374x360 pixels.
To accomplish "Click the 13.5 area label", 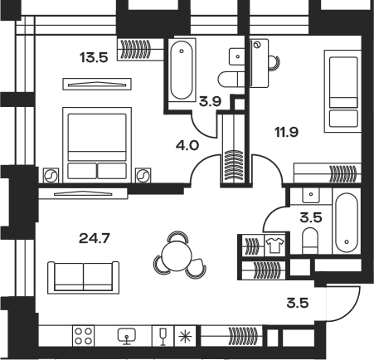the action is (x=94, y=58).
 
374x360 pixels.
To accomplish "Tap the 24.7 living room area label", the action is (x=95, y=238).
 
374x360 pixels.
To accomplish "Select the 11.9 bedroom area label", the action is (x=287, y=132).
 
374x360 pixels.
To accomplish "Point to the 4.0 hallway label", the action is (x=187, y=145).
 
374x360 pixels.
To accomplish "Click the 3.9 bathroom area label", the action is (x=211, y=101).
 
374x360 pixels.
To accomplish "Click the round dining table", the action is (x=177, y=255).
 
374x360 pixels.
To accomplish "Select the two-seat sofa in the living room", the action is (x=83, y=277).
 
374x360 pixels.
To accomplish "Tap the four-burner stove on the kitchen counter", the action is (x=84, y=336).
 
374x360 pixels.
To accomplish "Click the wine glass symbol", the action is (x=163, y=336).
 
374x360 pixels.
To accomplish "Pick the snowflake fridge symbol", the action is (x=185, y=336).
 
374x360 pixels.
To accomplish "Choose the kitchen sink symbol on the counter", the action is (x=127, y=336).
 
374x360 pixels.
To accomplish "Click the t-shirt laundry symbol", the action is (x=274, y=245).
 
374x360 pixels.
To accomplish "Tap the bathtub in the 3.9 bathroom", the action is (x=182, y=70).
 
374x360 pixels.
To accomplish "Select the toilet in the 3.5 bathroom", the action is (x=310, y=241).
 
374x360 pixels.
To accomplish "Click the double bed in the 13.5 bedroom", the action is (x=97, y=145).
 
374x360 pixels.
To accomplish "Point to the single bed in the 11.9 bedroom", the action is (x=343, y=91).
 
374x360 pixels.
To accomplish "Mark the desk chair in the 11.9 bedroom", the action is (x=274, y=63).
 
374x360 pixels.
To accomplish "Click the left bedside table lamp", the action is (x=51, y=175).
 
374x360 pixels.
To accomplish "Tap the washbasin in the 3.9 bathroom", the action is (x=237, y=56).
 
